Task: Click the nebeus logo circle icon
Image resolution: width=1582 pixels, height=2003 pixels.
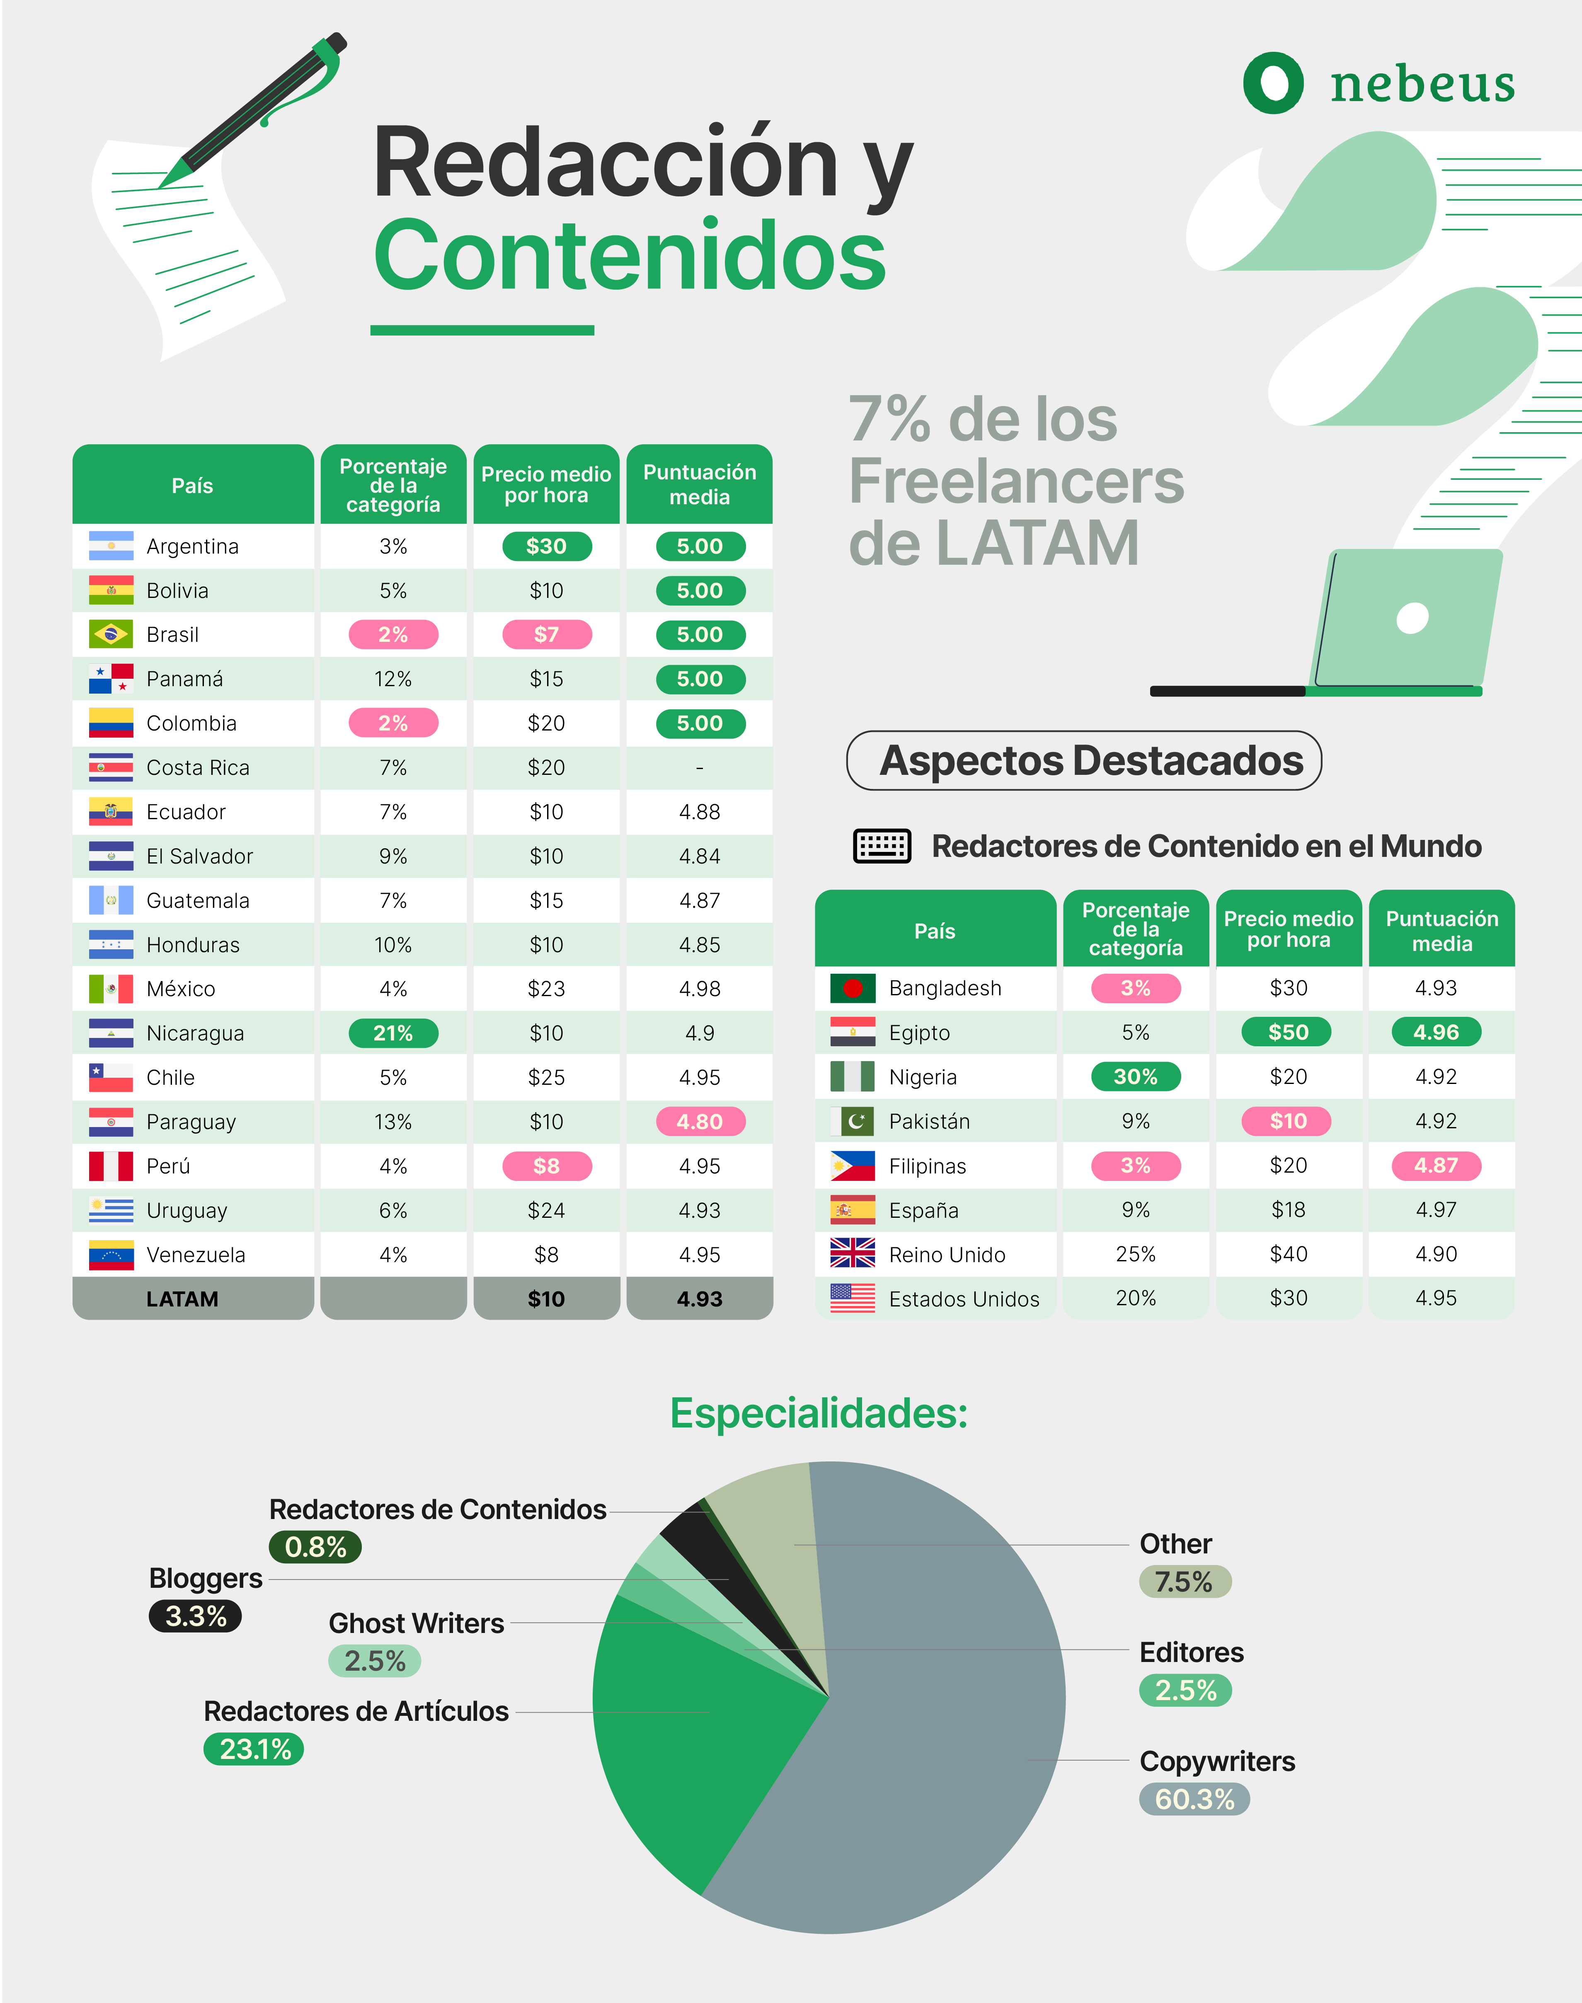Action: [1273, 83]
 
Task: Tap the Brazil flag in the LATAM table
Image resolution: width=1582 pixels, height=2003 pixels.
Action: [111, 634]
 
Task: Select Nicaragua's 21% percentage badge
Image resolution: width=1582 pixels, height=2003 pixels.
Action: [393, 1033]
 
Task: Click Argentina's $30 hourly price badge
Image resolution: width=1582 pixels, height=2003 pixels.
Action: [547, 547]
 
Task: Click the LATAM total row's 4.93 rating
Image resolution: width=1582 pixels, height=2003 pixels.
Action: [699, 1299]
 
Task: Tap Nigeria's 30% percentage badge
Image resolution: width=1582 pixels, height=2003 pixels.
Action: [1136, 1077]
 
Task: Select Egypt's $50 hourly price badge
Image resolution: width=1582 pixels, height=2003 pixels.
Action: [1287, 1033]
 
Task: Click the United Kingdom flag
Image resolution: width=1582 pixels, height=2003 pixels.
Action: [852, 1254]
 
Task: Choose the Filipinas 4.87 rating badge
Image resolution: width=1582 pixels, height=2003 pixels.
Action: [1436, 1166]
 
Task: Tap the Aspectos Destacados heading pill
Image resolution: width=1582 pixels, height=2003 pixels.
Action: [1084, 760]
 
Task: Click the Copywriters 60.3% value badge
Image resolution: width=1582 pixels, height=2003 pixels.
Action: [1194, 1799]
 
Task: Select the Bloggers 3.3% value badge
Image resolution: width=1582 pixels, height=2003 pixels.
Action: [196, 1616]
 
